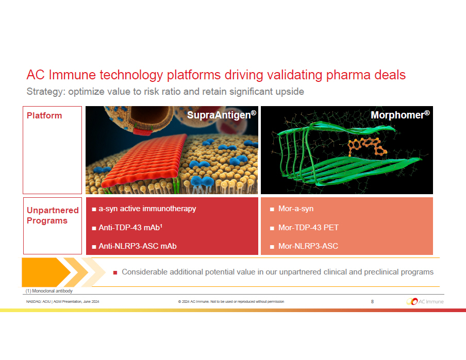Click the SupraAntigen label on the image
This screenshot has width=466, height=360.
pos(222,115)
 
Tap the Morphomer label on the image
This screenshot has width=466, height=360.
pos(400,115)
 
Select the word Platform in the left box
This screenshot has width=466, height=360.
pos(44,115)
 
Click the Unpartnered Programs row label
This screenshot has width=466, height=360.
pos(53,215)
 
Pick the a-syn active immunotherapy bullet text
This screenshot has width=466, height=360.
pos(147,209)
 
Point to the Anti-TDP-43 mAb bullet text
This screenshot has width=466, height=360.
pos(130,228)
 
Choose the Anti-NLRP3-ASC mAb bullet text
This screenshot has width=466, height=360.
pos(138,246)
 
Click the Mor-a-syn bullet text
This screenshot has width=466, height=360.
pos(296,209)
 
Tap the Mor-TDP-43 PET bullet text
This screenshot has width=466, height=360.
pos(308,228)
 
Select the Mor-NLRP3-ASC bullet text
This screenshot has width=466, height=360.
pos(308,246)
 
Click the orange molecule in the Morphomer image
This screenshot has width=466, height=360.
pos(367,146)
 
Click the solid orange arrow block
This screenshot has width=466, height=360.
pos(44,272)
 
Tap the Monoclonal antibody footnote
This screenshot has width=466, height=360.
pos(49,291)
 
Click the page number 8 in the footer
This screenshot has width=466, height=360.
pos(372,301)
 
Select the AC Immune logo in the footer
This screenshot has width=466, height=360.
pos(425,301)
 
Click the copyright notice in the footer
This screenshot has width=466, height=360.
pos(231,301)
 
